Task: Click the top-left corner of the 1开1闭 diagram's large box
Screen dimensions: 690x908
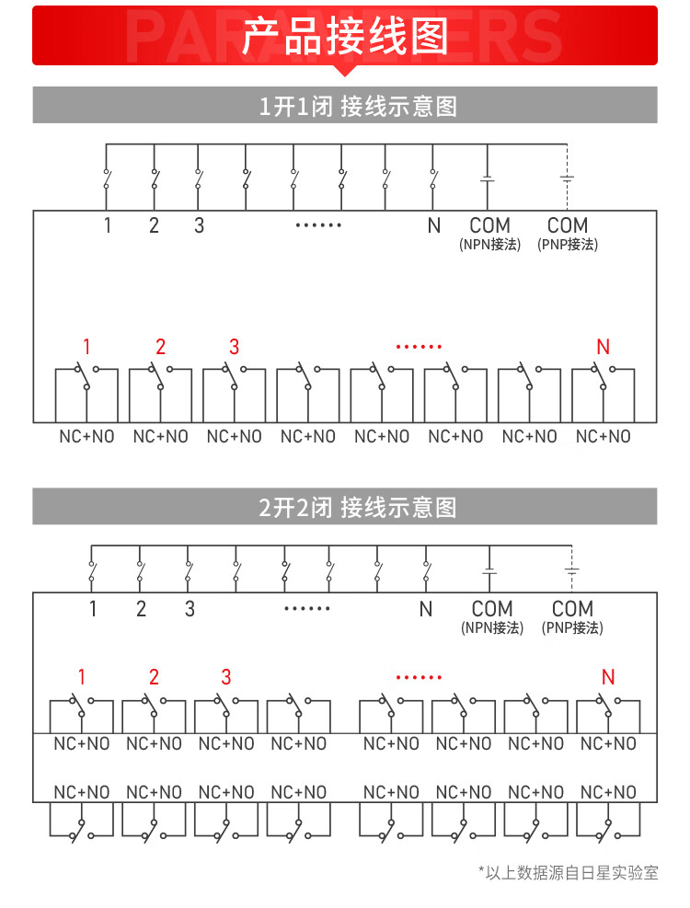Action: point(34,211)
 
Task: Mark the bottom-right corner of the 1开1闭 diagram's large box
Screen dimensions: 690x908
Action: point(656,422)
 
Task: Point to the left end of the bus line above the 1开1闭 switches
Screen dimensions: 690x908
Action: point(106,144)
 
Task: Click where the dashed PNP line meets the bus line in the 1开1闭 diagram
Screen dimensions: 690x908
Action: point(567,144)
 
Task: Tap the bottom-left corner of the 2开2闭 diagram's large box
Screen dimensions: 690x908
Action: point(34,802)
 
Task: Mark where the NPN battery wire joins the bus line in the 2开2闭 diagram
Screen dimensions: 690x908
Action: point(489,546)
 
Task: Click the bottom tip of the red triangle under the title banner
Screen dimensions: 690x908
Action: point(345,75)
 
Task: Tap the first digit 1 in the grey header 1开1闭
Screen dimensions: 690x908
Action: point(265,107)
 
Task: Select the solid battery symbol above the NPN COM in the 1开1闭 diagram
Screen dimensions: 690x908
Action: point(488,179)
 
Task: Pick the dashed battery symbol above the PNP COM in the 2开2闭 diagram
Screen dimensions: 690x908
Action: point(572,571)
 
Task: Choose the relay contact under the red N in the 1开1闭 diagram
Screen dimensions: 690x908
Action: point(604,376)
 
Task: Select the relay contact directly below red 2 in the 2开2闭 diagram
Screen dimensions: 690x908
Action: point(154,707)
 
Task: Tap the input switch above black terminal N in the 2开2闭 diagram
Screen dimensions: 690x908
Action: point(427,572)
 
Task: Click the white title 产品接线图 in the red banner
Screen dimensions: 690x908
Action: point(345,37)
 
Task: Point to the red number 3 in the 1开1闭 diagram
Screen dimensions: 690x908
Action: point(234,347)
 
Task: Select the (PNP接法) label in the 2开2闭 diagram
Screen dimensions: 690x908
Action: point(572,627)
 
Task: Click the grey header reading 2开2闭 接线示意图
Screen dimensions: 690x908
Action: point(358,507)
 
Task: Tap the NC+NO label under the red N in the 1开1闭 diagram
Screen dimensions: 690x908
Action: point(604,437)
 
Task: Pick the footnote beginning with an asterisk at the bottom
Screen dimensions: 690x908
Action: point(569,873)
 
